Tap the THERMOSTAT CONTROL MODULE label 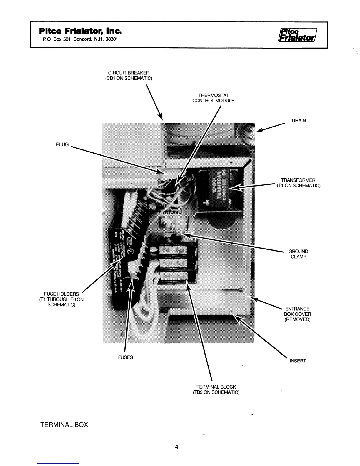(x=213, y=98)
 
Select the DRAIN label (x=299, y=121)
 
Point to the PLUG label (x=62, y=144)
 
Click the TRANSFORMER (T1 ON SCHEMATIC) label (x=298, y=183)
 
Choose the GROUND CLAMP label (x=298, y=254)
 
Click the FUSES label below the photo (x=125, y=357)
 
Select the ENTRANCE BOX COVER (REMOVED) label (x=297, y=314)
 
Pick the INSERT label (x=298, y=361)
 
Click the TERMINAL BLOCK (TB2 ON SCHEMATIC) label (x=218, y=390)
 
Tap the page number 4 (x=177, y=447)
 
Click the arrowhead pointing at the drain (x=259, y=131)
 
